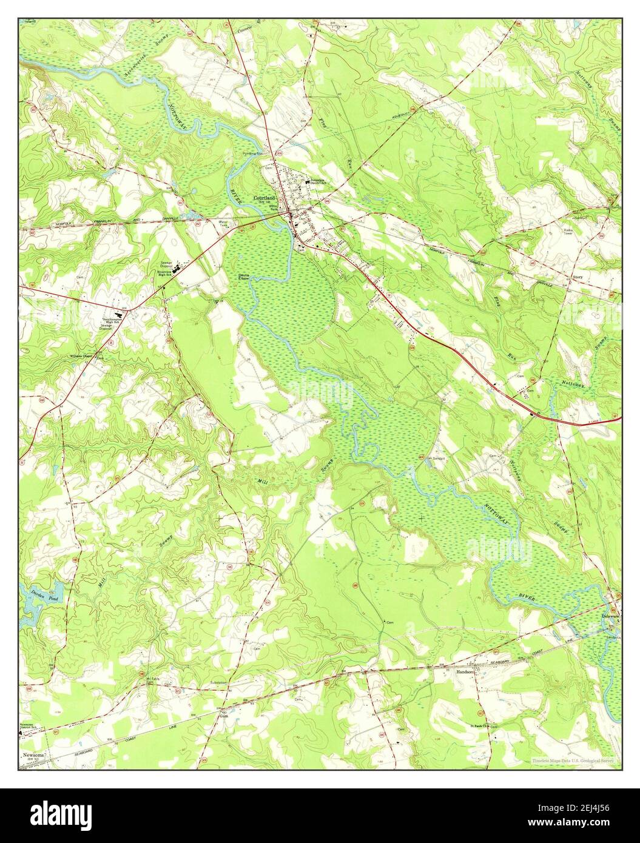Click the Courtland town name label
[264, 198]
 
